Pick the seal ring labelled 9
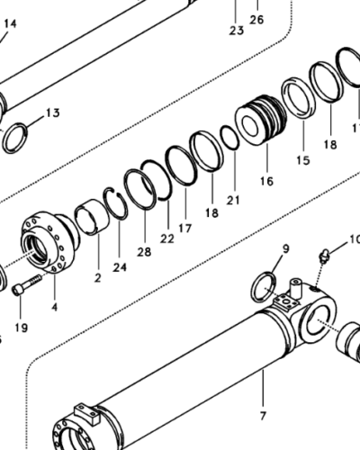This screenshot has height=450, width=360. [x=264, y=287]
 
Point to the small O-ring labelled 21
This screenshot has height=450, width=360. [x=230, y=139]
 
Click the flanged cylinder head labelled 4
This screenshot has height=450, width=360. [x=45, y=244]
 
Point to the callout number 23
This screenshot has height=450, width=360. [x=236, y=31]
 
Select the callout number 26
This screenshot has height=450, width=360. [x=257, y=19]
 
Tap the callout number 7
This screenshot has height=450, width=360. [x=262, y=415]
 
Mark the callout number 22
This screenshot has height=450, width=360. [x=166, y=238]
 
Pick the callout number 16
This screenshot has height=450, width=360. [x=266, y=181]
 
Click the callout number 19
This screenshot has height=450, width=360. [x=21, y=328]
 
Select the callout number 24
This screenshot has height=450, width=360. [x=120, y=267]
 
